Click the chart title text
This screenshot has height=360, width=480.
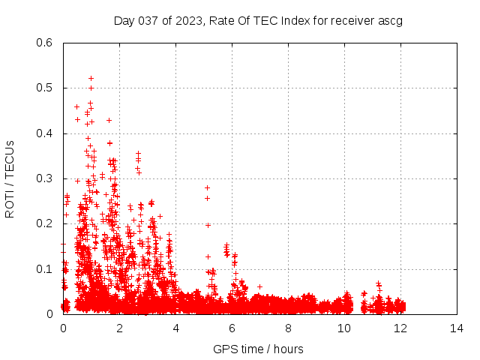[258, 20]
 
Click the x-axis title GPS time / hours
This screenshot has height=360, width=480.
[258, 349]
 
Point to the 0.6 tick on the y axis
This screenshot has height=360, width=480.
[44, 43]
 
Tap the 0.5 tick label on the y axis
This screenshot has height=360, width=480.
[44, 88]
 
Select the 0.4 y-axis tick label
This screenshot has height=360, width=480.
[44, 133]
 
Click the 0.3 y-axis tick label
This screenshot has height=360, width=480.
[44, 178]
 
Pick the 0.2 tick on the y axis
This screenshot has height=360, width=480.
[44, 223]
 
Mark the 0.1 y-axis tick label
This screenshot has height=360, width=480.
[44, 269]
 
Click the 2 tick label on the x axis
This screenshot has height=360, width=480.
[119, 328]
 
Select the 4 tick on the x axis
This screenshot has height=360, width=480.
[175, 328]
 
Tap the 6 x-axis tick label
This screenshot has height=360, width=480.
[232, 328]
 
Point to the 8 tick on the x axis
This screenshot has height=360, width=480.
[288, 328]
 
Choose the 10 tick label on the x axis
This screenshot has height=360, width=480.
[344, 328]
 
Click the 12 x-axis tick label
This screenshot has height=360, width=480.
[400, 328]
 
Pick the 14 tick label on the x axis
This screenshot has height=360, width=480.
[457, 328]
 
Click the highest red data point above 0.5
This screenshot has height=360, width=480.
[91, 78]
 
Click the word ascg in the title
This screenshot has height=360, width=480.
[390, 20]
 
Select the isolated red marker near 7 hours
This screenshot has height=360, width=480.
[259, 286]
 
